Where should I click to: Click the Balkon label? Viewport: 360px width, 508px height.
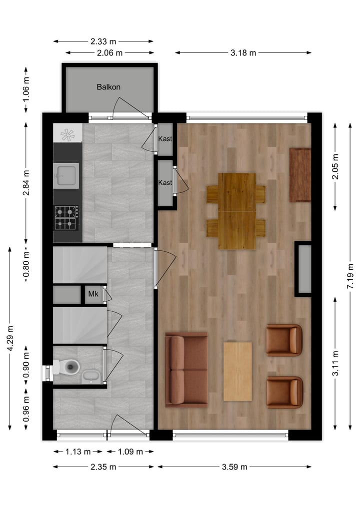[x=108, y=87]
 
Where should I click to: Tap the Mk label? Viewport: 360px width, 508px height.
[x=93, y=294]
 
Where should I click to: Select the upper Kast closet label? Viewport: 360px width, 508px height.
[x=165, y=138]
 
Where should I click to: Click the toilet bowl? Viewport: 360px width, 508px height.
[x=69, y=368]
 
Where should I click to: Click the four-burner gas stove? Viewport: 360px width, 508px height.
[x=66, y=218]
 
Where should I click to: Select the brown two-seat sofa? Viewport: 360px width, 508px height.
[x=186, y=370]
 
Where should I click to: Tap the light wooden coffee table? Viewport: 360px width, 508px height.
[x=237, y=371]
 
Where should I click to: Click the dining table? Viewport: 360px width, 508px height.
[x=237, y=211]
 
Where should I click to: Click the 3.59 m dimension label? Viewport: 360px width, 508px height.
[x=234, y=467]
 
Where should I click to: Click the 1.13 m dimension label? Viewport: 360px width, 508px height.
[x=77, y=452]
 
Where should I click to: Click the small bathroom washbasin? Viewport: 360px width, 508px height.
[x=90, y=376]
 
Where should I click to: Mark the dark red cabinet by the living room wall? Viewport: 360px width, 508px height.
[x=300, y=175]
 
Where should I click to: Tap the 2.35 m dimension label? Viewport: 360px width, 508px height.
[x=103, y=467]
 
